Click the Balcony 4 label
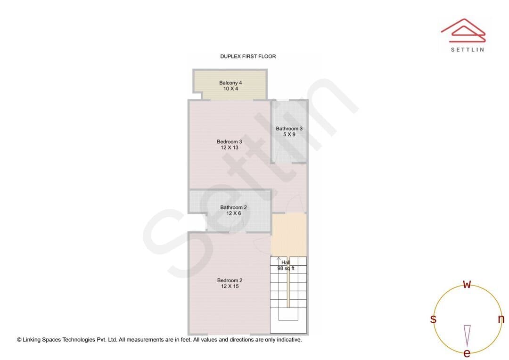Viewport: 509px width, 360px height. tap(230, 83)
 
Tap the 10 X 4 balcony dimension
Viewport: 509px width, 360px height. tap(230, 89)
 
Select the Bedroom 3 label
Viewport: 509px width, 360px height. tap(230, 141)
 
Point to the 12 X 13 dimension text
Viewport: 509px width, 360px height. tap(230, 147)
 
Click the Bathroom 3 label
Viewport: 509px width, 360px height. tap(289, 129)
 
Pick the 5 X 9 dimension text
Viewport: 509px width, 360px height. tap(289, 134)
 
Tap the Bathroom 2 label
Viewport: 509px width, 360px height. tap(234, 207)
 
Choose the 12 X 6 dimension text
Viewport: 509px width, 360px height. tap(234, 213)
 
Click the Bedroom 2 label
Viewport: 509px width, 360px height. tap(230, 280)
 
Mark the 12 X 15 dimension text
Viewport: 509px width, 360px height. tap(230, 286)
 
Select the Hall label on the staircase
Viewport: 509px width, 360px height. tap(286, 262)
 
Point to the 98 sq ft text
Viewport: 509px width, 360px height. tap(286, 269)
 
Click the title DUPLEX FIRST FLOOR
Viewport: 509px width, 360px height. tap(248, 56)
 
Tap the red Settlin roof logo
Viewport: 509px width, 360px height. tap(463, 30)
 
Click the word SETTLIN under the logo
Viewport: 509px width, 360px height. tap(468, 49)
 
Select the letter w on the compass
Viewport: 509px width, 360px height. tap(467, 284)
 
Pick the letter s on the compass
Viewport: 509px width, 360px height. tap(434, 319)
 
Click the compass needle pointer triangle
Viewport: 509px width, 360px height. tap(467, 335)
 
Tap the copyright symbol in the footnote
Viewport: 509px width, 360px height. tap(19, 340)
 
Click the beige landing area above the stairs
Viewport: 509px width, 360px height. tap(288, 235)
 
